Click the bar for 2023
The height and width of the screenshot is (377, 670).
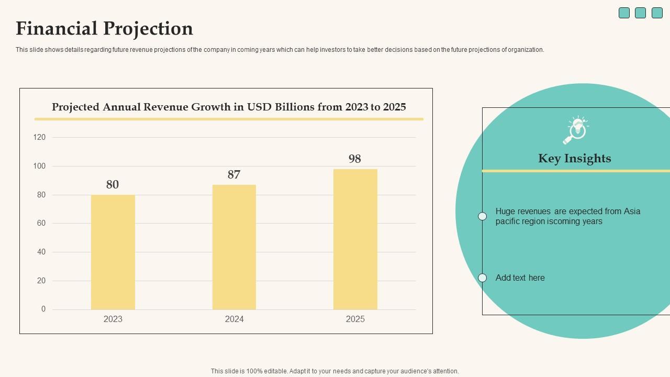113,252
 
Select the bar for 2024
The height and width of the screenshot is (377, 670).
234,247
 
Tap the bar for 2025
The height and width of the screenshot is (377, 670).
355,239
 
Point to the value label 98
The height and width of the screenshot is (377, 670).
355,159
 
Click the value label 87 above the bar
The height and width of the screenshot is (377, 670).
234,174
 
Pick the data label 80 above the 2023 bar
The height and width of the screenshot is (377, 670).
113,184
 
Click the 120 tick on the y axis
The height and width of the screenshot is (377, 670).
40,137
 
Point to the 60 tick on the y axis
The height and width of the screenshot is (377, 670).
40,223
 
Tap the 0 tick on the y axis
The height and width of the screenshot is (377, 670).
43,309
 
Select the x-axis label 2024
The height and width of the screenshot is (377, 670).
234,319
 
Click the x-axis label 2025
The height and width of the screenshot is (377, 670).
355,319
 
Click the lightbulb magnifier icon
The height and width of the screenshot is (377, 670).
575,130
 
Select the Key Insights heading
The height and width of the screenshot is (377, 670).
574,158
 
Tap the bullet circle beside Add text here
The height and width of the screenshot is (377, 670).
483,278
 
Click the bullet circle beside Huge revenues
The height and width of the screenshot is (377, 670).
483,216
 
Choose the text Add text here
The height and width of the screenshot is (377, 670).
520,278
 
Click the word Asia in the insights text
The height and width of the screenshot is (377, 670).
632,212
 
